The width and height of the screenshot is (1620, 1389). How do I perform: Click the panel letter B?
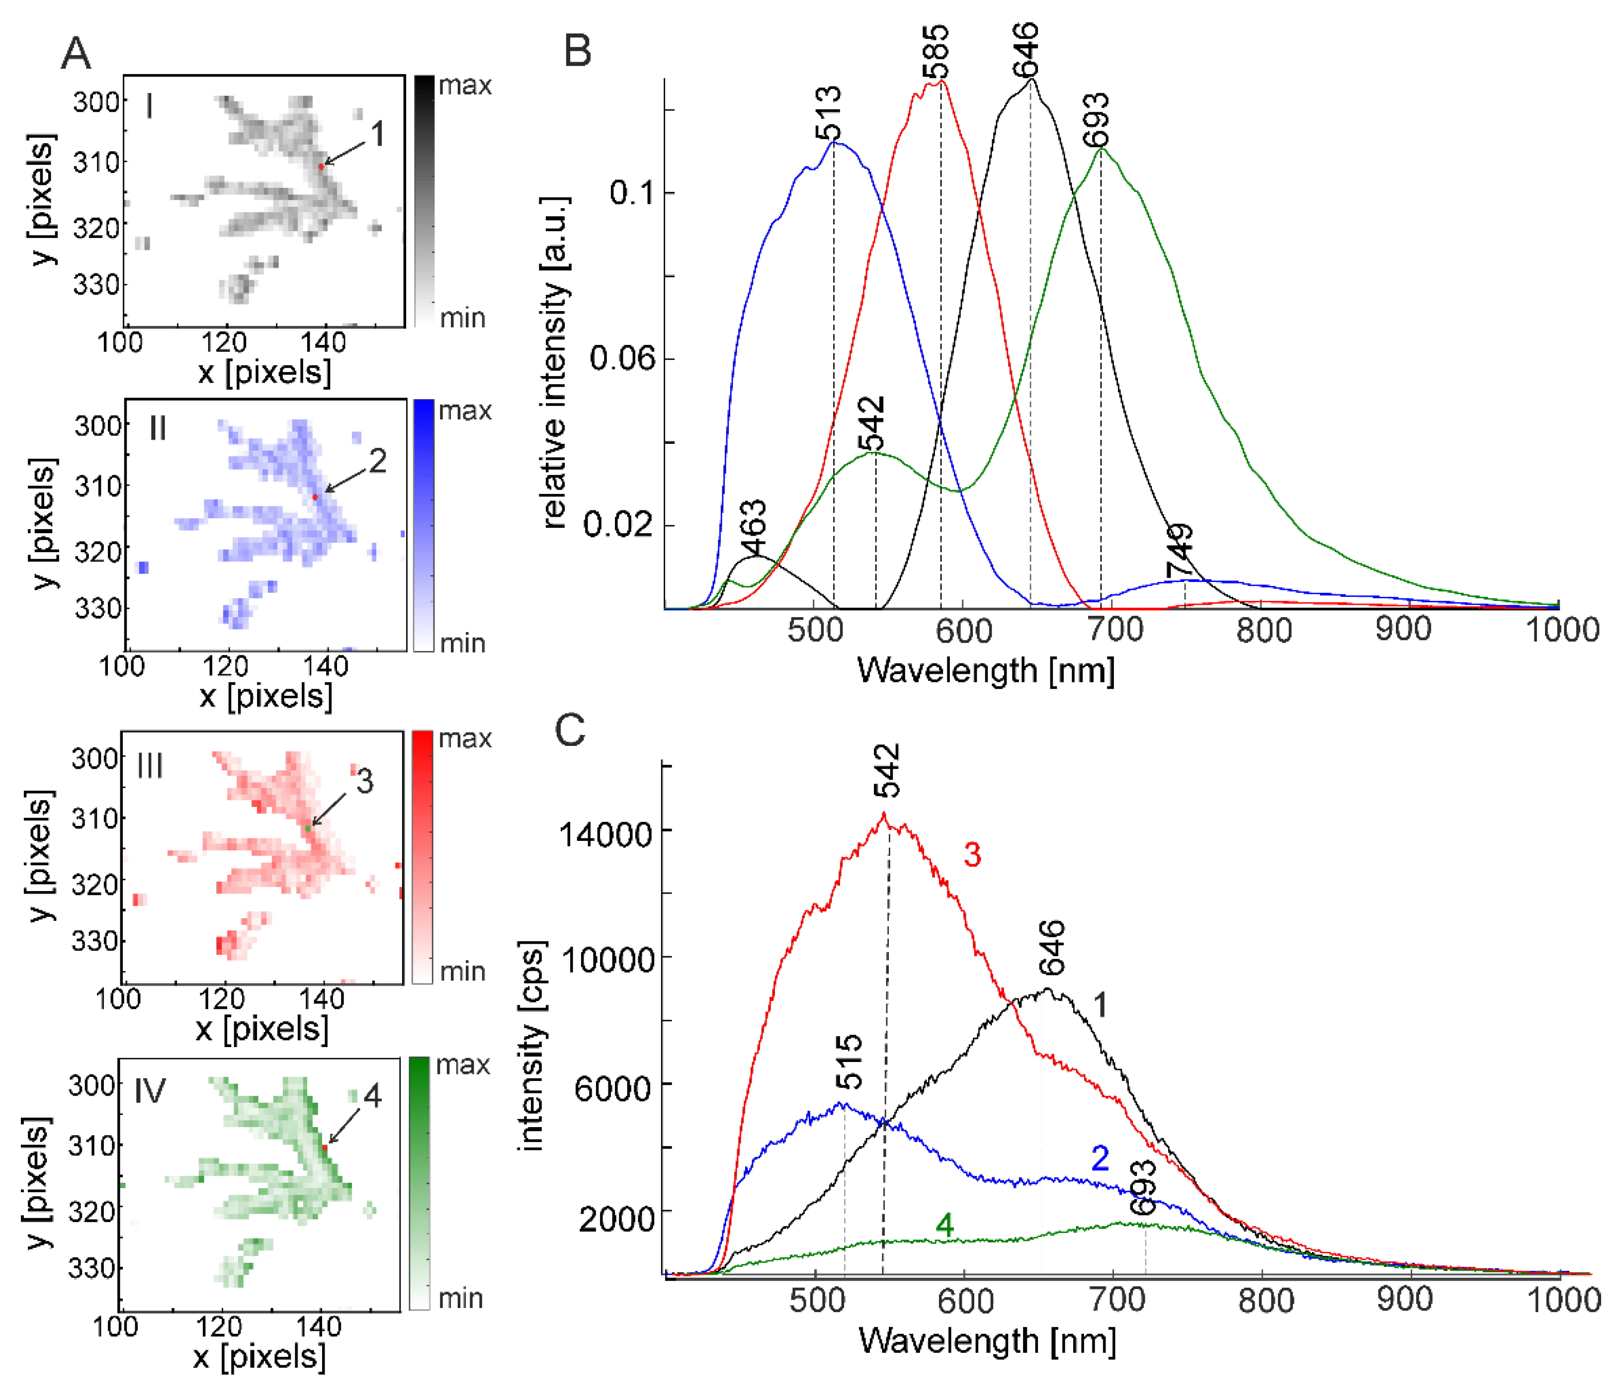577,51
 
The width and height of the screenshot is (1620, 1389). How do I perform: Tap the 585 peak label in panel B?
936,52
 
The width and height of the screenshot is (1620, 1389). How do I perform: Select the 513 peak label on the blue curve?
829,113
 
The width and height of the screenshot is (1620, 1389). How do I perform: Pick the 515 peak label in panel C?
849,1062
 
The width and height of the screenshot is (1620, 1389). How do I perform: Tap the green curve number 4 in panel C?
944,1226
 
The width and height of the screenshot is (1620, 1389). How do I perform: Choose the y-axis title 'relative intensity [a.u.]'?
554,363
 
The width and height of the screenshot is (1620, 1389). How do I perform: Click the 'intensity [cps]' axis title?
532,1047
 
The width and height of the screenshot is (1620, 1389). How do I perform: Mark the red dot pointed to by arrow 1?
321,166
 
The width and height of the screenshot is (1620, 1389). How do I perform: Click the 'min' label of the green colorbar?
460,1299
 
